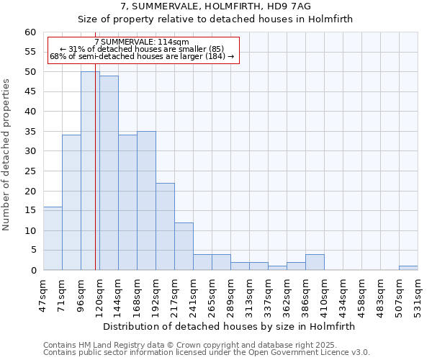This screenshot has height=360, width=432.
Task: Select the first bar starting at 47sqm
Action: [53, 238]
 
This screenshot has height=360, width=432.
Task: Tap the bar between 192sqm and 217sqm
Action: [165, 226]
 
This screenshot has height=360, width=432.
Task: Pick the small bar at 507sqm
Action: [408, 268]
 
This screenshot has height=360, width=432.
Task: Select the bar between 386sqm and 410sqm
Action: [315, 262]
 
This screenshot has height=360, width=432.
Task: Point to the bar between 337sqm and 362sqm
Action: [277, 268]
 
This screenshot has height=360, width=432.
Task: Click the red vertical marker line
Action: [96, 180]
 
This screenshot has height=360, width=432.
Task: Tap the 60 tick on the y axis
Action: [30, 32]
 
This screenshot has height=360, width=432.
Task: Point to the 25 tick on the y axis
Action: [30, 171]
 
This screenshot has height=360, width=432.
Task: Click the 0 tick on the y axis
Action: [32, 271]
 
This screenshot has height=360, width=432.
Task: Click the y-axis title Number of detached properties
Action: [7, 155]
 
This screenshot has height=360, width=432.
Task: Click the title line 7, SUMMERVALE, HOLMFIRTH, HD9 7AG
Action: [215, 6]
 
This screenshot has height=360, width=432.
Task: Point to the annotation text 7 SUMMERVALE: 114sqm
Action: [142, 42]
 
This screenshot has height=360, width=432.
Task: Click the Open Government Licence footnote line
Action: [207, 353]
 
